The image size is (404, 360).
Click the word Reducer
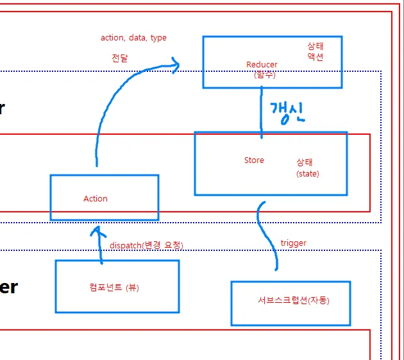(262, 64)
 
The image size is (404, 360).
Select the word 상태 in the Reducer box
(315, 46)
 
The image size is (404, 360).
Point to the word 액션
(315, 56)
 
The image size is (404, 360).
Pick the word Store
(254, 160)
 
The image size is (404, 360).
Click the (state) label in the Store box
(307, 173)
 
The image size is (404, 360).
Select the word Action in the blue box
(96, 198)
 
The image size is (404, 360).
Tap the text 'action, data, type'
(133, 37)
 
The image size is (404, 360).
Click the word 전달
(119, 57)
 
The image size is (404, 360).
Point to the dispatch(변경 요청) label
(146, 245)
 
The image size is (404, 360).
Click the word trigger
(293, 243)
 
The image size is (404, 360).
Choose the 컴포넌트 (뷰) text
(114, 287)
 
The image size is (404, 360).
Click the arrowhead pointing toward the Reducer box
(174, 62)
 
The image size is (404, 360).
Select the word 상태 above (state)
(305, 163)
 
